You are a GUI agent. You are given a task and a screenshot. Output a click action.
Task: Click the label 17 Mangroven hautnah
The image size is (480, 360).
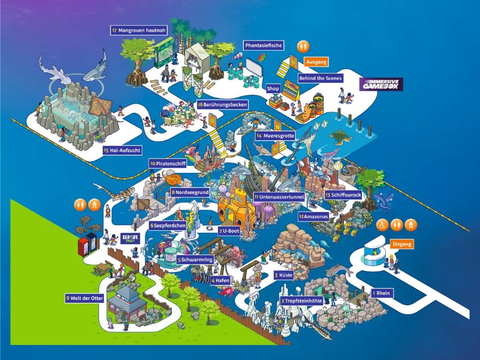point(132,30)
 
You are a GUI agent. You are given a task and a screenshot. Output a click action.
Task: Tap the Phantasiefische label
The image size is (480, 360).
point(263,45)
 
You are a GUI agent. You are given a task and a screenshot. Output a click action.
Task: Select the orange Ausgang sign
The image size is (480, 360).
point(316,61)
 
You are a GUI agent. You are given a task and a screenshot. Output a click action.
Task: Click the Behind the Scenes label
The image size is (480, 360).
point(320,78)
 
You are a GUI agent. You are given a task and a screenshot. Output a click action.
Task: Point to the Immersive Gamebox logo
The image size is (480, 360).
point(381,84)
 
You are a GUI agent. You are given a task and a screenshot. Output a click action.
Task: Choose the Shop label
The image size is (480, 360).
point(273,89)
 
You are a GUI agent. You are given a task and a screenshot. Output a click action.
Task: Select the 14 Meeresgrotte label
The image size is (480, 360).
point(275,136)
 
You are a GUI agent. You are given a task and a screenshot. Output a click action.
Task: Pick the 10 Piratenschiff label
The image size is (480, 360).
point(168,164)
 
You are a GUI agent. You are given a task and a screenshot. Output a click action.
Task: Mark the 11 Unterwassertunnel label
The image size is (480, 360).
point(278,197)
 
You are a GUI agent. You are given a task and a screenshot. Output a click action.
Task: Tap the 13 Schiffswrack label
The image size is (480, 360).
point(343,195)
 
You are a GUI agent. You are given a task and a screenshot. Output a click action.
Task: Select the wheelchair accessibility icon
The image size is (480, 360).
point(382,225)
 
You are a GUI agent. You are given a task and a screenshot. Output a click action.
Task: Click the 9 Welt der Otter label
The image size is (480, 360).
point(85,298)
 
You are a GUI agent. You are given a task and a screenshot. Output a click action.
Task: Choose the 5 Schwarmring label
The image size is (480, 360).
point(195,260)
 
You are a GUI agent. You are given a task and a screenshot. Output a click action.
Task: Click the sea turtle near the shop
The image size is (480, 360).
point(341,135)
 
